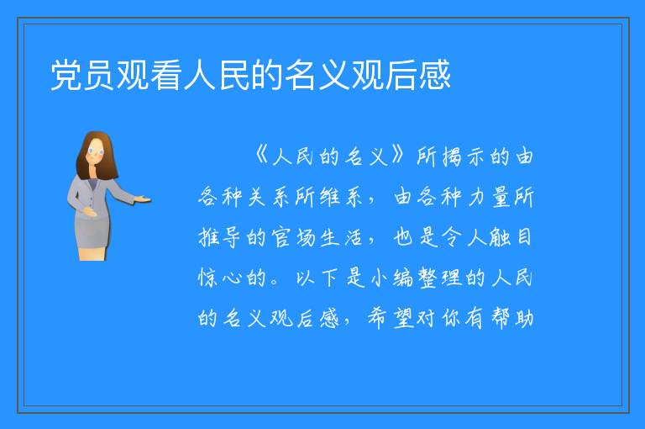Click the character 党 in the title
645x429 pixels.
tap(66, 75)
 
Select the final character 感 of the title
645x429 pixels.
tap(435, 75)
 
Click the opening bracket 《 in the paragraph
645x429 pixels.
tap(261, 156)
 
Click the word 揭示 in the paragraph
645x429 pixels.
tap(465, 156)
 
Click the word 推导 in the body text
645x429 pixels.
tap(219, 237)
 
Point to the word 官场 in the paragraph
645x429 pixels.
tap(294, 237)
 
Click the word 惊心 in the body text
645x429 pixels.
tap(219, 278)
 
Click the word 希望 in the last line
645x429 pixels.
tap(391, 319)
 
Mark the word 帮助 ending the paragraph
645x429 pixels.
tap(512, 319)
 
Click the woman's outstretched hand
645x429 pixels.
tap(144, 200)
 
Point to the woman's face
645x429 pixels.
tap(96, 151)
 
